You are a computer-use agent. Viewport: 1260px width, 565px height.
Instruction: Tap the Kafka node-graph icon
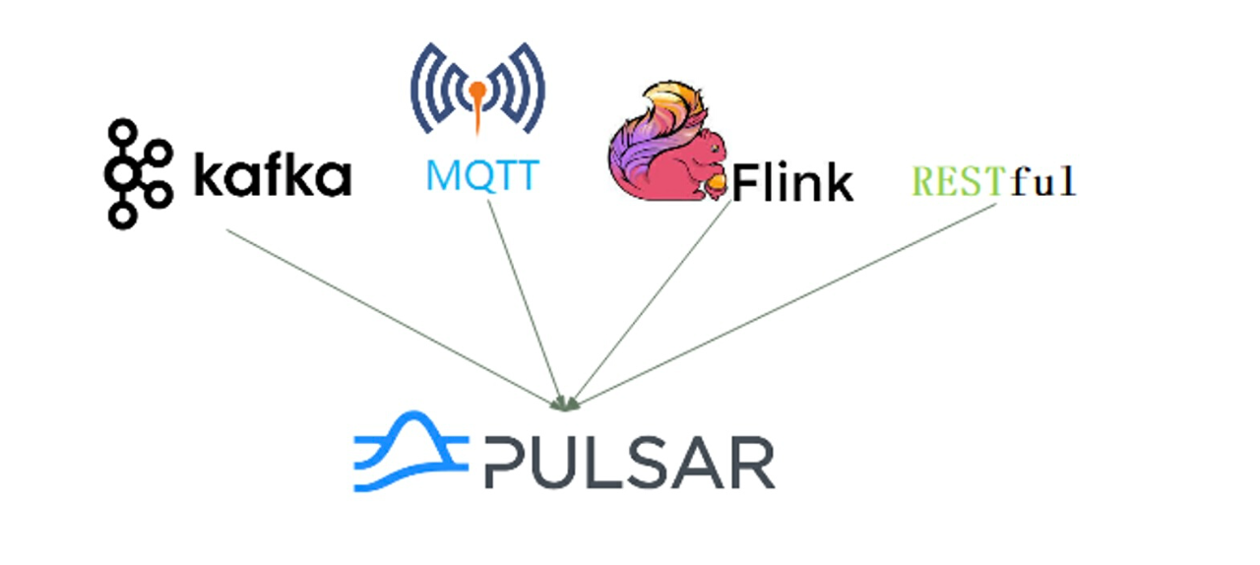(136, 173)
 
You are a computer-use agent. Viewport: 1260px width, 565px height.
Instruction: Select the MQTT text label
(482, 174)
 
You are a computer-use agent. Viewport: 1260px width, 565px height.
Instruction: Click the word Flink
(792, 182)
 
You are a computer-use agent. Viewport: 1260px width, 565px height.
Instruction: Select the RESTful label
(994, 181)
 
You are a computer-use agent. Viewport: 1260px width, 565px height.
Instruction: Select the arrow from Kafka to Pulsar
(394, 316)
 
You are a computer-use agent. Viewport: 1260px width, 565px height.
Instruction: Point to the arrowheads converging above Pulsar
(566, 402)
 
